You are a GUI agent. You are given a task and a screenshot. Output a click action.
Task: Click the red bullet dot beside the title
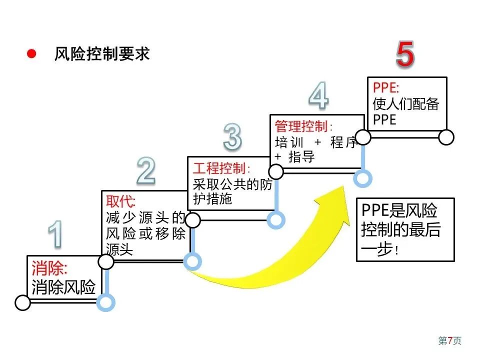(31, 54)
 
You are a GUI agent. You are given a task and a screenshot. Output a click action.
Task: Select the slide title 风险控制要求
(102, 54)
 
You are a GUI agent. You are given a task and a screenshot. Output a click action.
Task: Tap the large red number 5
(405, 54)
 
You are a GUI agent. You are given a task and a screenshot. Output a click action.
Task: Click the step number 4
(318, 95)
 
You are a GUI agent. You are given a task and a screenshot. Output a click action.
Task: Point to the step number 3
(232, 136)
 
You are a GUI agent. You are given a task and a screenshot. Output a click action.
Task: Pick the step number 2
(146, 170)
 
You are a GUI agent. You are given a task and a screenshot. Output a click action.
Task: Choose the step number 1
(55, 234)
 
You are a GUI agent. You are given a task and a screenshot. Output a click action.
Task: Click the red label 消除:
(49, 268)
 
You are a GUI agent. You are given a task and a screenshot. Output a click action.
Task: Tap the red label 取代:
(120, 201)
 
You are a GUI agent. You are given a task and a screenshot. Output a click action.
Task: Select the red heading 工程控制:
(221, 168)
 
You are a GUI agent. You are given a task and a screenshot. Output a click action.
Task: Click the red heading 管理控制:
(303, 126)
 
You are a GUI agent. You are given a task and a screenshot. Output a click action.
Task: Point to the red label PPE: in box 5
(385, 88)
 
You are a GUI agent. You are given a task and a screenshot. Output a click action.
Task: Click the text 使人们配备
(406, 104)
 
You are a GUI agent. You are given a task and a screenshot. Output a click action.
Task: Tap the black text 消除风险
(63, 287)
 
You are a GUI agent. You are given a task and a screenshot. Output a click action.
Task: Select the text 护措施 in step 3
(212, 199)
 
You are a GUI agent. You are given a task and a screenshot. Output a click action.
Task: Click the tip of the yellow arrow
(345, 186)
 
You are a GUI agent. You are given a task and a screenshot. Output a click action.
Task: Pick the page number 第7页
(449, 340)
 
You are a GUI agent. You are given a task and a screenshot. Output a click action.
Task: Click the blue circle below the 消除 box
(105, 302)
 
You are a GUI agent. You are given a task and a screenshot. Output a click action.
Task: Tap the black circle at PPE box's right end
(446, 137)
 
